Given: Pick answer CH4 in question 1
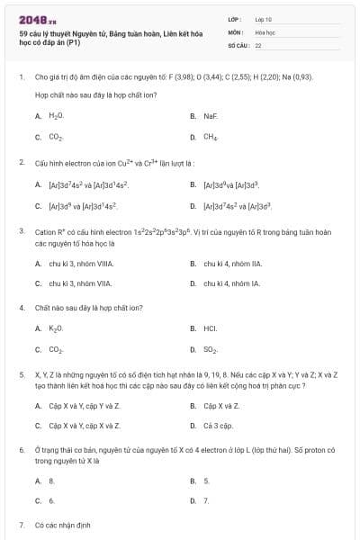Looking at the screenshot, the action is [x=211, y=137].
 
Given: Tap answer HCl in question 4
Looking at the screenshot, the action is [x=211, y=328].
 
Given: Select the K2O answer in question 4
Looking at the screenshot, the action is [x=56, y=328].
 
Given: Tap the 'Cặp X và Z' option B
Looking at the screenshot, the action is [x=221, y=405].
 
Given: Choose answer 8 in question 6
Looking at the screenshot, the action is [x=52, y=481].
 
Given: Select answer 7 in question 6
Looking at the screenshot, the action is [x=206, y=500].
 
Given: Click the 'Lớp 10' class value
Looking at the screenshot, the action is [x=264, y=18].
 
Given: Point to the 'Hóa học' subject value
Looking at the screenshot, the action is [x=265, y=31].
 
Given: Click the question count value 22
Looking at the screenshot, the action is [x=258, y=44].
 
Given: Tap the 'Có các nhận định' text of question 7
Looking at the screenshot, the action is [x=63, y=524].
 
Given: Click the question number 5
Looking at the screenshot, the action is [x=22, y=373].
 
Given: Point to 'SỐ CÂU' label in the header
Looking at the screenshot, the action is [x=238, y=44].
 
